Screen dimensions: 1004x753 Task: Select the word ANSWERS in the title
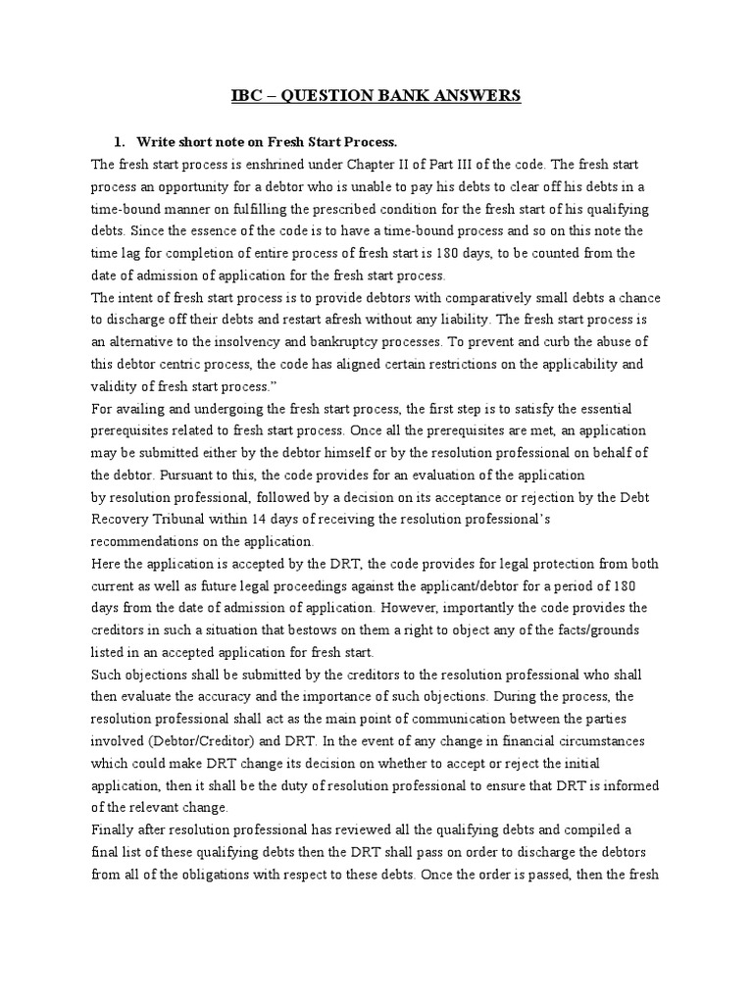(x=478, y=95)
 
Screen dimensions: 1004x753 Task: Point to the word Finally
(x=112, y=829)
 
